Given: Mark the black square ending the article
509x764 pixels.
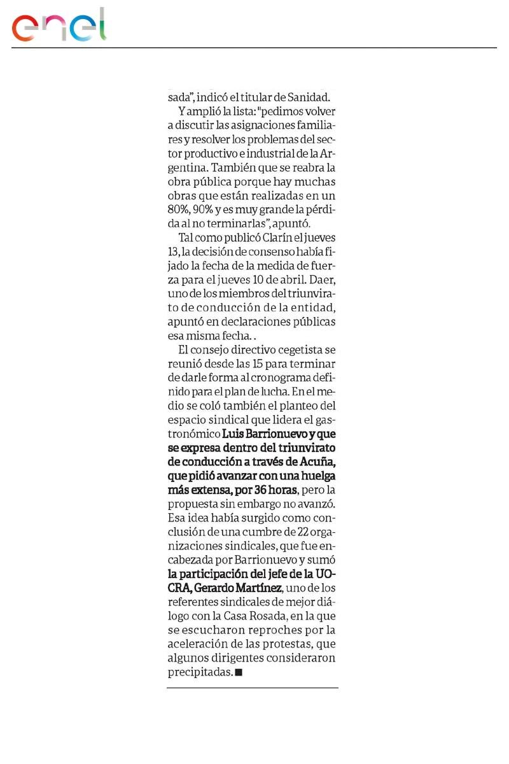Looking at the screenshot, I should pos(239,672).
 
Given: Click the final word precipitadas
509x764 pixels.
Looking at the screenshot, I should pos(199,672).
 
